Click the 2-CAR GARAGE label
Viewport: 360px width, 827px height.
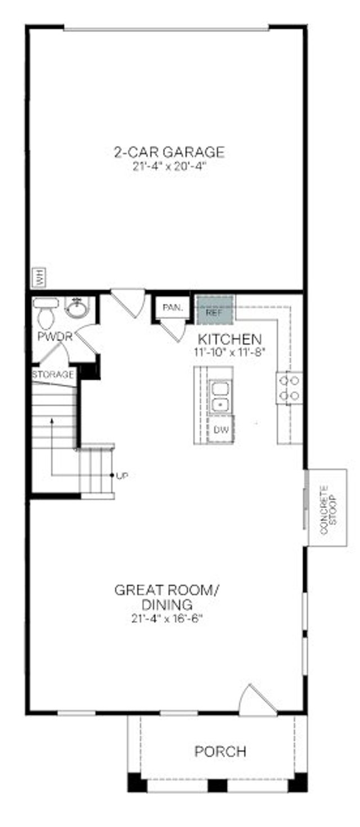(169, 152)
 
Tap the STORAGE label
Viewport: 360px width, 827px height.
(53, 374)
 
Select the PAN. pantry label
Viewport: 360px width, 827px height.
(170, 308)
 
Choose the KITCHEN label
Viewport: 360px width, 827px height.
(229, 339)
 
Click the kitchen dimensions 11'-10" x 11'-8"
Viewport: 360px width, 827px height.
(229, 352)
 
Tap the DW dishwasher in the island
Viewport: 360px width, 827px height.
(220, 430)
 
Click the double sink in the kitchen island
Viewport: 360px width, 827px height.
(221, 396)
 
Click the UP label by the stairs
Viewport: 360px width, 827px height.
(122, 476)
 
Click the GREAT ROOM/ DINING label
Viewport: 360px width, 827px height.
(166, 597)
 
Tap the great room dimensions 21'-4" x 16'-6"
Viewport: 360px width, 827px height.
(166, 618)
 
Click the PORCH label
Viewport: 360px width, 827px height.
(220, 751)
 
